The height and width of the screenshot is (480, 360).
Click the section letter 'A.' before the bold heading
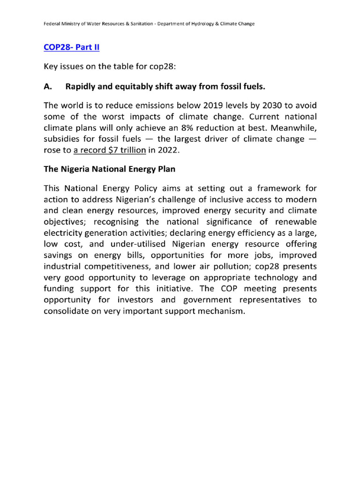pyautogui.click(x=49, y=86)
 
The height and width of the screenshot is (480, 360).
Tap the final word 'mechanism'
pyautogui.click(x=220, y=311)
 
